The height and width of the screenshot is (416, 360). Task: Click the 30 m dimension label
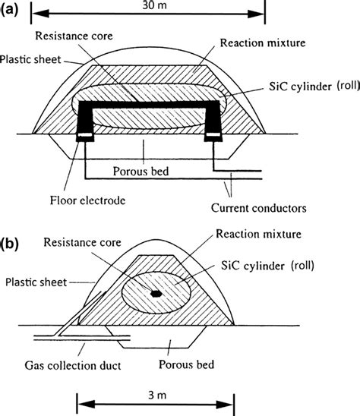coord(154,5)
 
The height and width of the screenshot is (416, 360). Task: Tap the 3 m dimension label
coord(157,396)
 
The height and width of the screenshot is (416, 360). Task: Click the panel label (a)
coord(9,10)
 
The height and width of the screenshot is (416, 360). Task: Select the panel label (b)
coord(9,244)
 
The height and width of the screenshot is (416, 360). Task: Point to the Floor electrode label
coord(87,200)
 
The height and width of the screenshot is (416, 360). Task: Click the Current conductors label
coord(259,208)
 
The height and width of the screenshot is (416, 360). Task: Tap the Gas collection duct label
coord(73,366)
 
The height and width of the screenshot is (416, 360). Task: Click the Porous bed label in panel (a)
coord(141,171)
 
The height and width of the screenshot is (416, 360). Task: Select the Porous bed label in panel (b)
coord(186,364)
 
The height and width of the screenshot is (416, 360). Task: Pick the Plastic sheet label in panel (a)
coord(30,59)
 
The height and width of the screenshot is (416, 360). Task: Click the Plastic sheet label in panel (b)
coord(36,282)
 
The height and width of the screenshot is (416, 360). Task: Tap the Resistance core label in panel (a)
coord(74,36)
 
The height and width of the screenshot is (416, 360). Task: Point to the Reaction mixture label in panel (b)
coord(258,234)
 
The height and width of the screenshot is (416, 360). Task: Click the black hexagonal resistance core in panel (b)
coord(156,293)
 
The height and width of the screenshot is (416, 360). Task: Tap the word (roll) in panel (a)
coord(349,86)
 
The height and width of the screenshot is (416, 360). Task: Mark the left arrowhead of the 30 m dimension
coord(40,13)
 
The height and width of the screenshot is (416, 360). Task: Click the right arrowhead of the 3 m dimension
coord(224,405)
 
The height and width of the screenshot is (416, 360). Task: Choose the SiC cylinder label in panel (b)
coord(253,266)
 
